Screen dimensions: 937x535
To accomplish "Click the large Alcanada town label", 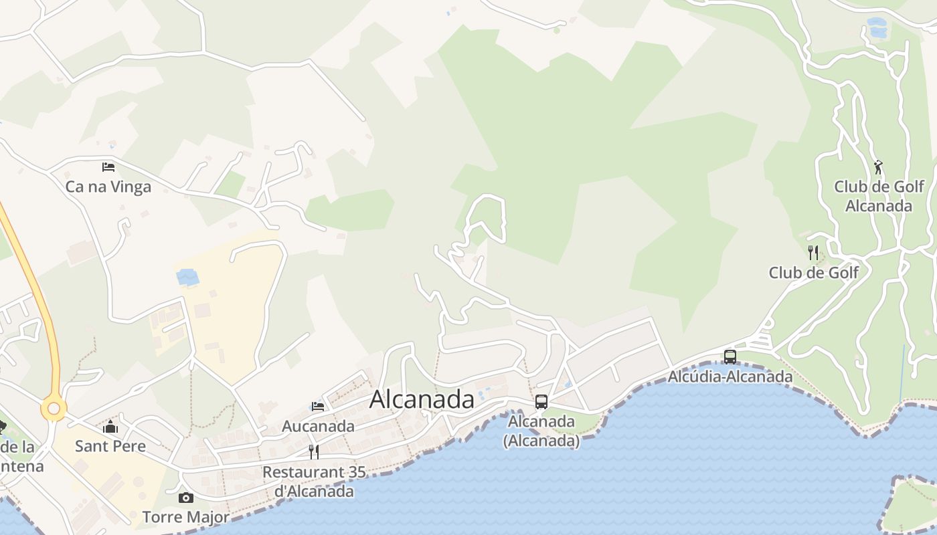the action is click(x=422, y=399).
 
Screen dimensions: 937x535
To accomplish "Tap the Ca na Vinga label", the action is click(x=108, y=187).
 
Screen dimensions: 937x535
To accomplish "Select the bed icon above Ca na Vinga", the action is click(x=108, y=167).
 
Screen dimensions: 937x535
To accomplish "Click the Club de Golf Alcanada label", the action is click(x=879, y=196).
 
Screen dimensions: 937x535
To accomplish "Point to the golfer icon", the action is click(x=879, y=167).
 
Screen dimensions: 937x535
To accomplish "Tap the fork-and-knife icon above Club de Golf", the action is click(x=813, y=253).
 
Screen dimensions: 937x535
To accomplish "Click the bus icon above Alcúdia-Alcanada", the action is click(x=730, y=357).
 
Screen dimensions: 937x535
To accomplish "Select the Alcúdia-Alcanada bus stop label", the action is click(x=730, y=377).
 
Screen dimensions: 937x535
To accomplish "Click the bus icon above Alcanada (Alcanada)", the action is click(x=541, y=402).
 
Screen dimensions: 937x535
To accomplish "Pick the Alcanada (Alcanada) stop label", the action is click(x=541, y=431).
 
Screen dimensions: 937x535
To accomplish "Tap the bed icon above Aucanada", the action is click(x=318, y=406).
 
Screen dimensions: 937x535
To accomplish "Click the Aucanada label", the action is click(x=318, y=426).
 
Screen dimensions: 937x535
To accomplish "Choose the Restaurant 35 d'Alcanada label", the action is click(x=314, y=481).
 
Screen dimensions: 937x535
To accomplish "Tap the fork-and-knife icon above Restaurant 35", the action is click(x=313, y=452).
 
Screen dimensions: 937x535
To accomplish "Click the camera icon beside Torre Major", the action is click(x=186, y=498).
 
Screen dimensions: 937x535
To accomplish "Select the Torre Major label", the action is click(x=186, y=517).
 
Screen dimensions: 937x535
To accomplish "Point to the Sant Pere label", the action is click(x=110, y=446).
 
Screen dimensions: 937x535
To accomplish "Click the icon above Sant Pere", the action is click(x=110, y=426).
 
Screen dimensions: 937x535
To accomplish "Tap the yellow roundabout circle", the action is click(x=54, y=409).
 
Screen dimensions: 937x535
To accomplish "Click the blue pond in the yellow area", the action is click(x=187, y=277).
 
